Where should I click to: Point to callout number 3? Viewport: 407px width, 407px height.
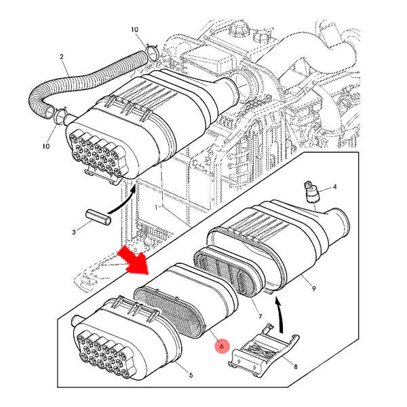pos(74,233)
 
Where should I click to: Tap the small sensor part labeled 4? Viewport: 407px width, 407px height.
pos(311,192)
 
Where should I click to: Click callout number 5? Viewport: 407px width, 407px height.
pos(191,375)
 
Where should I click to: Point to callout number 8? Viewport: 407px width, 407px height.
pos(295,366)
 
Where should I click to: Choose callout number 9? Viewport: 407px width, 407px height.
pos(313,289)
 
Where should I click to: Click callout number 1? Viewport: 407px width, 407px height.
pos(157,206)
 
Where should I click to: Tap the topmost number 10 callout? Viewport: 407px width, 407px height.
pos(134,30)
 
